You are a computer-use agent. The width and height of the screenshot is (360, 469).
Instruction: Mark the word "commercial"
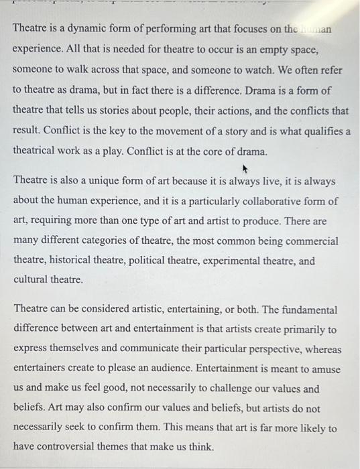(x=314, y=241)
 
